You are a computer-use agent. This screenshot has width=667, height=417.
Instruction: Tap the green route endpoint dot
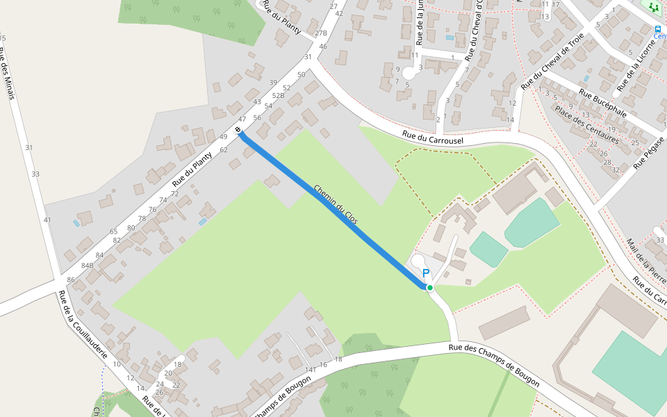click(429, 288)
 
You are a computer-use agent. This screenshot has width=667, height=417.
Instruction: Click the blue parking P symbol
click(426, 275)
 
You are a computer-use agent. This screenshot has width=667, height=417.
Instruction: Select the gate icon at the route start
click(238, 130)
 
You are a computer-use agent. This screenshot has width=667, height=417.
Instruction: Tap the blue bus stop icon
click(657, 28)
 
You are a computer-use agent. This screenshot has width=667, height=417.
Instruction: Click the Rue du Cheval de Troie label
click(552, 61)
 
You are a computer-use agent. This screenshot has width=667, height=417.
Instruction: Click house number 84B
click(88, 265)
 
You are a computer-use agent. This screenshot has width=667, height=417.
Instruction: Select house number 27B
click(320, 33)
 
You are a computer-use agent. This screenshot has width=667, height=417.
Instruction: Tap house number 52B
click(279, 95)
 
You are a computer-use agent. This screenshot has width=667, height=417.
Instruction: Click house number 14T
click(311, 370)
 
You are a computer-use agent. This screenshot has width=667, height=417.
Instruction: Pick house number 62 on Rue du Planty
click(224, 149)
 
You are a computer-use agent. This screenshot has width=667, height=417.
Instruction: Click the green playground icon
click(652, 6)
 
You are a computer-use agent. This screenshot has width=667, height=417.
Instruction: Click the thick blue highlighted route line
click(333, 208)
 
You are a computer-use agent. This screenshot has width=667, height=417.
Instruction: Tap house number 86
click(71, 280)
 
